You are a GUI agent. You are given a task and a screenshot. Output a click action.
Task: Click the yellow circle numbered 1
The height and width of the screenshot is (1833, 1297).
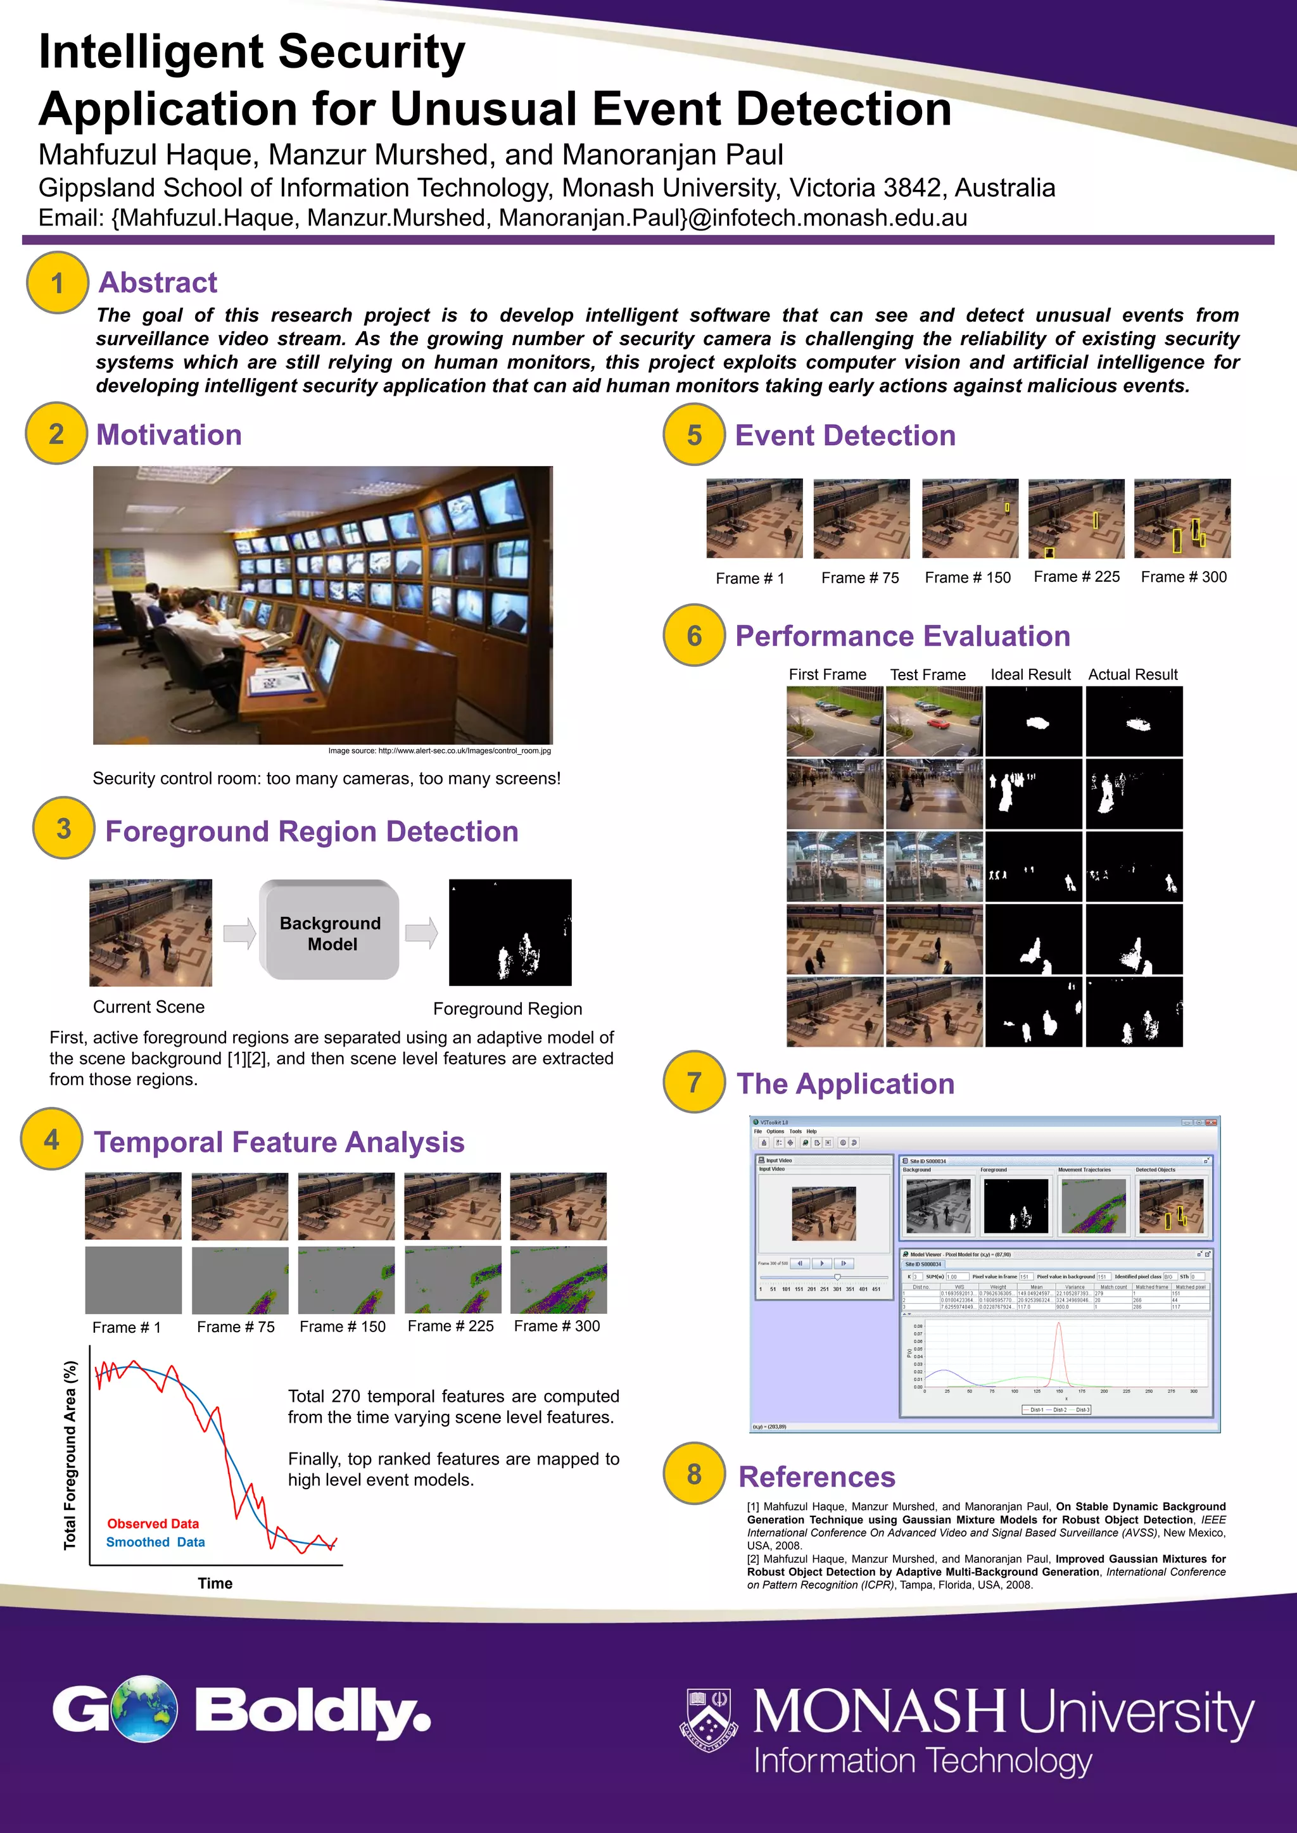click(57, 282)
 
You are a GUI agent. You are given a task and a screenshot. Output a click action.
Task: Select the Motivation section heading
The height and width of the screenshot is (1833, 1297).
click(168, 435)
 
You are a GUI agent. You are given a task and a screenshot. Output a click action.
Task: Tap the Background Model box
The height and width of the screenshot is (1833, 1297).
click(329, 931)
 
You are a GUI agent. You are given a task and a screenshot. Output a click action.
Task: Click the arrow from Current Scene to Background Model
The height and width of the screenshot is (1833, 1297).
click(239, 933)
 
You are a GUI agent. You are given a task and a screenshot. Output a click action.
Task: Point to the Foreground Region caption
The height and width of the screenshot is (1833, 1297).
click(507, 1009)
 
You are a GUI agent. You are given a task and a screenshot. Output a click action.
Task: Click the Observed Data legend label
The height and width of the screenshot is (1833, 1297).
click(153, 1523)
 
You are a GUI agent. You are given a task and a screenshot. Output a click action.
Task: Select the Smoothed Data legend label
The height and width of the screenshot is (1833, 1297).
click(155, 1542)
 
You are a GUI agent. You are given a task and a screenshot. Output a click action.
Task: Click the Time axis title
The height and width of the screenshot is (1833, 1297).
click(215, 1583)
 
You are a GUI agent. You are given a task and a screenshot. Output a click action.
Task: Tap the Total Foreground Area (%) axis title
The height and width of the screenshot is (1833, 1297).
click(70, 1454)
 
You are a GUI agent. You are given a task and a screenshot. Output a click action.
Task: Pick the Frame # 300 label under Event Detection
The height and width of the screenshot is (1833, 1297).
click(1183, 576)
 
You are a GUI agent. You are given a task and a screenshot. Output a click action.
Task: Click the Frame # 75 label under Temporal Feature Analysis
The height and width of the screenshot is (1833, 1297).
click(236, 1327)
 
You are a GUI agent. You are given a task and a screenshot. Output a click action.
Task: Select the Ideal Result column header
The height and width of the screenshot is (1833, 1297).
click(1030, 674)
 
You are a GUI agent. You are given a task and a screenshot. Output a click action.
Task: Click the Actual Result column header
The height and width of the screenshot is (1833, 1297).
click(1132, 674)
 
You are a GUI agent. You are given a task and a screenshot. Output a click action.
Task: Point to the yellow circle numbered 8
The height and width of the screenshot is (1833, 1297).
click(694, 1474)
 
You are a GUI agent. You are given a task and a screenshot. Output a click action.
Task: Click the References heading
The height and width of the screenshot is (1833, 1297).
click(816, 1477)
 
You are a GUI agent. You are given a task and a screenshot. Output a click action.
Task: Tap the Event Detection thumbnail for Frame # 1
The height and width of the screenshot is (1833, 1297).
click(754, 518)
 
